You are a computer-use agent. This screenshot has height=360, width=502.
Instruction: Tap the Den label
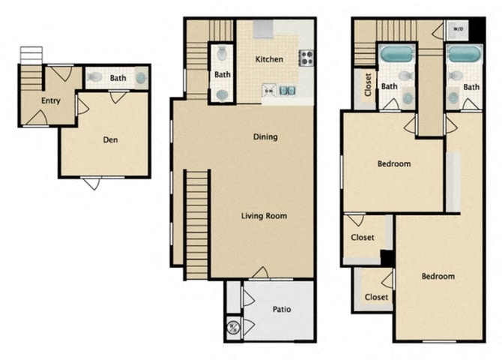110,139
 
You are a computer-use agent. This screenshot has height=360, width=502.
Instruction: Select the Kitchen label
269,59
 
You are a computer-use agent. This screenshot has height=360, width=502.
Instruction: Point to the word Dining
266,136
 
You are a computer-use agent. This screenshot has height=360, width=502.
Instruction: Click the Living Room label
264,216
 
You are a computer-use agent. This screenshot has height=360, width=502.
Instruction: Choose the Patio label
282,309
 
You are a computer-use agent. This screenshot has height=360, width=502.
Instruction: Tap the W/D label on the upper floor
456,29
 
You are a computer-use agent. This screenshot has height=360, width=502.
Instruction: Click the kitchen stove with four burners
306,58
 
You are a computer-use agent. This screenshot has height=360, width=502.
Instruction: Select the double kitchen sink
287,91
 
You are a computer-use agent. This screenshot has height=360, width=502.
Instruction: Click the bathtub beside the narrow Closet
396,55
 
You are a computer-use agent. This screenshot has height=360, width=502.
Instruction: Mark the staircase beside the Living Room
196,223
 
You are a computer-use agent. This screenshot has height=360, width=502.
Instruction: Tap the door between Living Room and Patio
261,274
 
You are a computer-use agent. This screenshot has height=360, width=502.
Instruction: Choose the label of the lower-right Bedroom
438,276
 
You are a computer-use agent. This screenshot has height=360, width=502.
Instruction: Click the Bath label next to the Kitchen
223,74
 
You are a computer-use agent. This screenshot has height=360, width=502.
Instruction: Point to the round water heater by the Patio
232,326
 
